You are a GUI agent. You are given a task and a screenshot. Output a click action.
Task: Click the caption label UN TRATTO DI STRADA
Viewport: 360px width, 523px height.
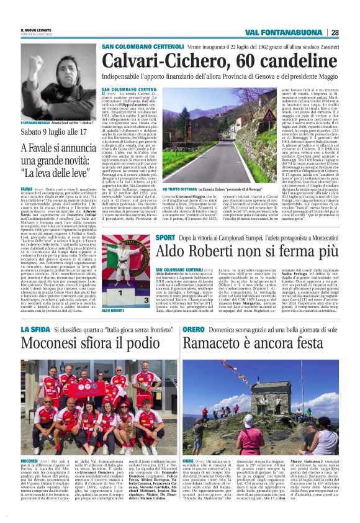[x=181, y=189]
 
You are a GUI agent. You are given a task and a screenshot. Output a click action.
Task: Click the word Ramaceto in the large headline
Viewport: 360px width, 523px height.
[x=218, y=344]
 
